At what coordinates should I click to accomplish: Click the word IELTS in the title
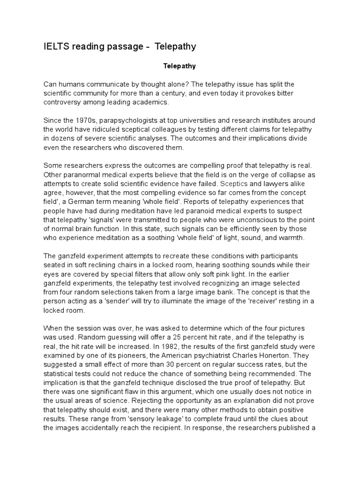[x=54, y=46]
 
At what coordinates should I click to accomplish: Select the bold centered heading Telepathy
[x=180, y=67]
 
